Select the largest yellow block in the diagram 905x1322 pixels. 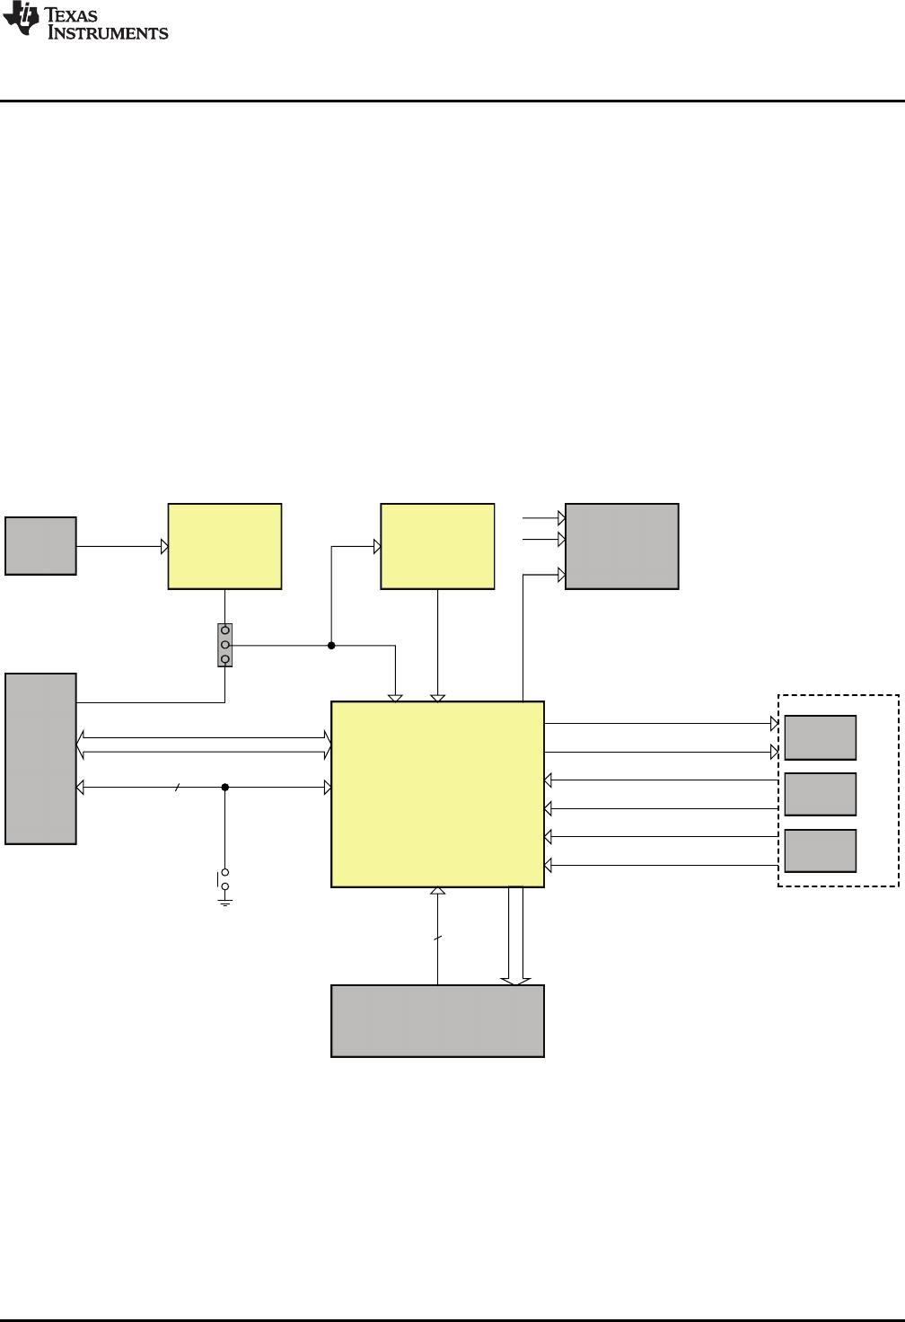tap(437, 794)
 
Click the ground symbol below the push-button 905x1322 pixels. tap(224, 900)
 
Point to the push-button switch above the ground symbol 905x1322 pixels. tap(224, 879)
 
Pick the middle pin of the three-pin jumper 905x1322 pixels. tap(225, 645)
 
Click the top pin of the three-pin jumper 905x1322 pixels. tap(225, 630)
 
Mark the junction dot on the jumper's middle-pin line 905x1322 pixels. tap(331, 645)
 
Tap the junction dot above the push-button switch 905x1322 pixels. tap(224, 788)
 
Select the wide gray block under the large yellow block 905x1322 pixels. tap(437, 1020)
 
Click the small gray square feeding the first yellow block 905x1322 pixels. tap(40, 545)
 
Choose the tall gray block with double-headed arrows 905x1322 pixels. tap(40, 758)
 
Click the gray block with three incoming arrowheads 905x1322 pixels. tap(621, 546)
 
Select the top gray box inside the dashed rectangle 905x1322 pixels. tap(820, 737)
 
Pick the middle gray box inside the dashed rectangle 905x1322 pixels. tap(820, 794)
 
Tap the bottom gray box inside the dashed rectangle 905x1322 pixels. tap(820, 850)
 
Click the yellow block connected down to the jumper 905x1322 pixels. tap(224, 546)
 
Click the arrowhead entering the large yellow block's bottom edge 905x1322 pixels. tap(437, 892)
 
